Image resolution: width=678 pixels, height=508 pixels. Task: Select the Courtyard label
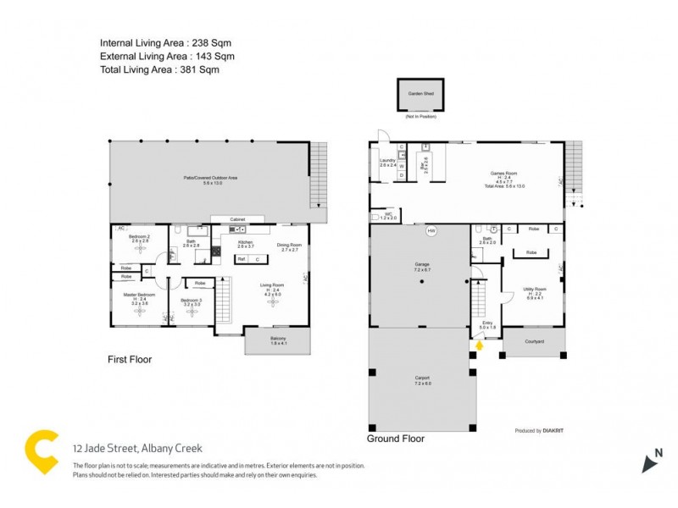pos(534,341)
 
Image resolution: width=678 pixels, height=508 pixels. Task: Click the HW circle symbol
pos(431,229)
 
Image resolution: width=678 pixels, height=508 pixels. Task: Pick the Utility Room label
pos(534,292)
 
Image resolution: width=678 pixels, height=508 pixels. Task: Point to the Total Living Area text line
pos(159,70)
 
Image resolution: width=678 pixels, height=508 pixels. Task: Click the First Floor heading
pos(129,359)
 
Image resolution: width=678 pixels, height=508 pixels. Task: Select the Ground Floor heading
pos(395,439)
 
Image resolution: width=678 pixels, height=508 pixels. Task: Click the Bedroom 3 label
pos(191,302)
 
